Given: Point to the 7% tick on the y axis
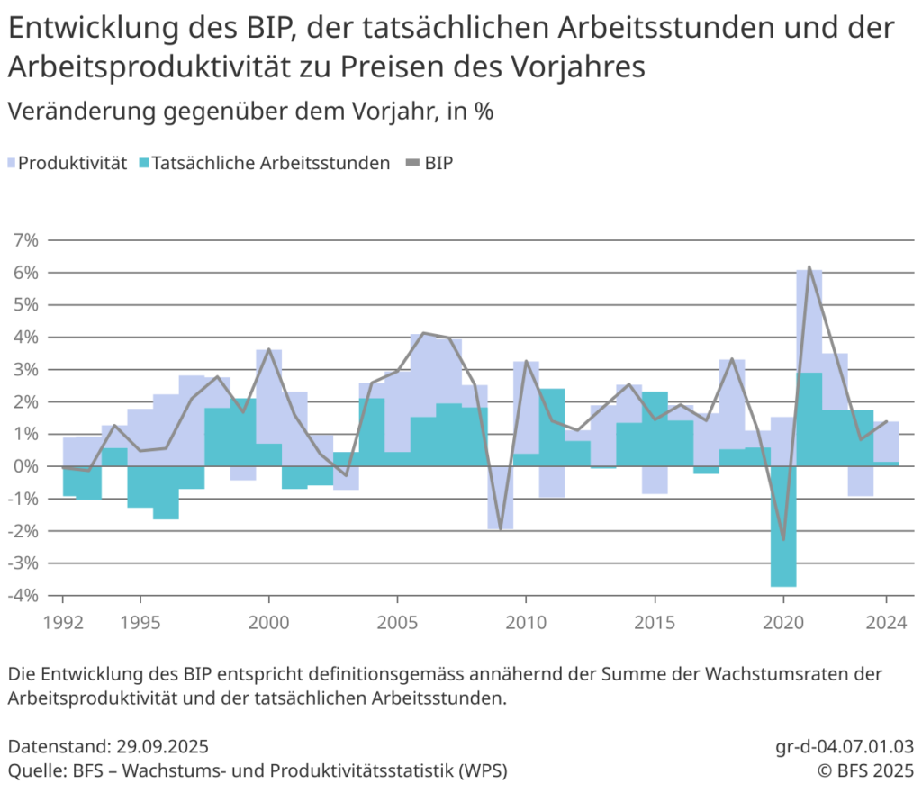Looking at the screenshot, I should click(26, 240).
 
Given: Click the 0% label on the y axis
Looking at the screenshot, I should click(26, 466).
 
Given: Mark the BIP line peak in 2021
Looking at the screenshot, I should click(809, 267).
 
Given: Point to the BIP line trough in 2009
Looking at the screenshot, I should click(501, 528).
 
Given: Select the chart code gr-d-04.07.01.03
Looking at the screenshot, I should click(844, 746).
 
